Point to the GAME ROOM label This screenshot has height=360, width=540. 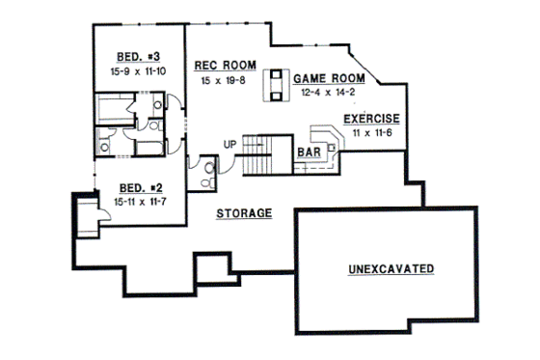[x=330, y=77]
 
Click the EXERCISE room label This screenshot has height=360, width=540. [x=371, y=119]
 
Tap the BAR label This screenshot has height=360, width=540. [x=309, y=153]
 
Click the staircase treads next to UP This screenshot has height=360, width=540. [x=258, y=154]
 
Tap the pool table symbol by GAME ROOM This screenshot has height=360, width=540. [x=277, y=85]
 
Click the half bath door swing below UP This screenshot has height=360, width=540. [x=227, y=165]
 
